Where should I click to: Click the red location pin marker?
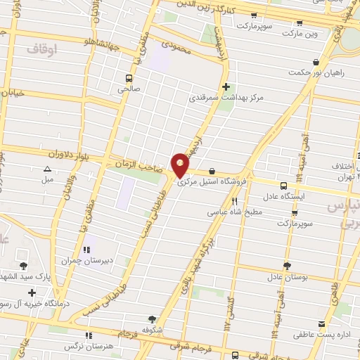pos(181,166)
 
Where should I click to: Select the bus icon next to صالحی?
pos(129,78)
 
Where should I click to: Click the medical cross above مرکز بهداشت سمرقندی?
pos(225,87)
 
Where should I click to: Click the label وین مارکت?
pos(302,33)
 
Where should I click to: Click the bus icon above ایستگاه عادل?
pos(283,186)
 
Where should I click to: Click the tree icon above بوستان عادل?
pos(287,266)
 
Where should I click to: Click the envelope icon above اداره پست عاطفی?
pos(322,324)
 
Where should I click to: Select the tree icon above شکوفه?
pos(153,319)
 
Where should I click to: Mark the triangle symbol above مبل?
pos(47,169)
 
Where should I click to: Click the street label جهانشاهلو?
pos(71,41)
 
